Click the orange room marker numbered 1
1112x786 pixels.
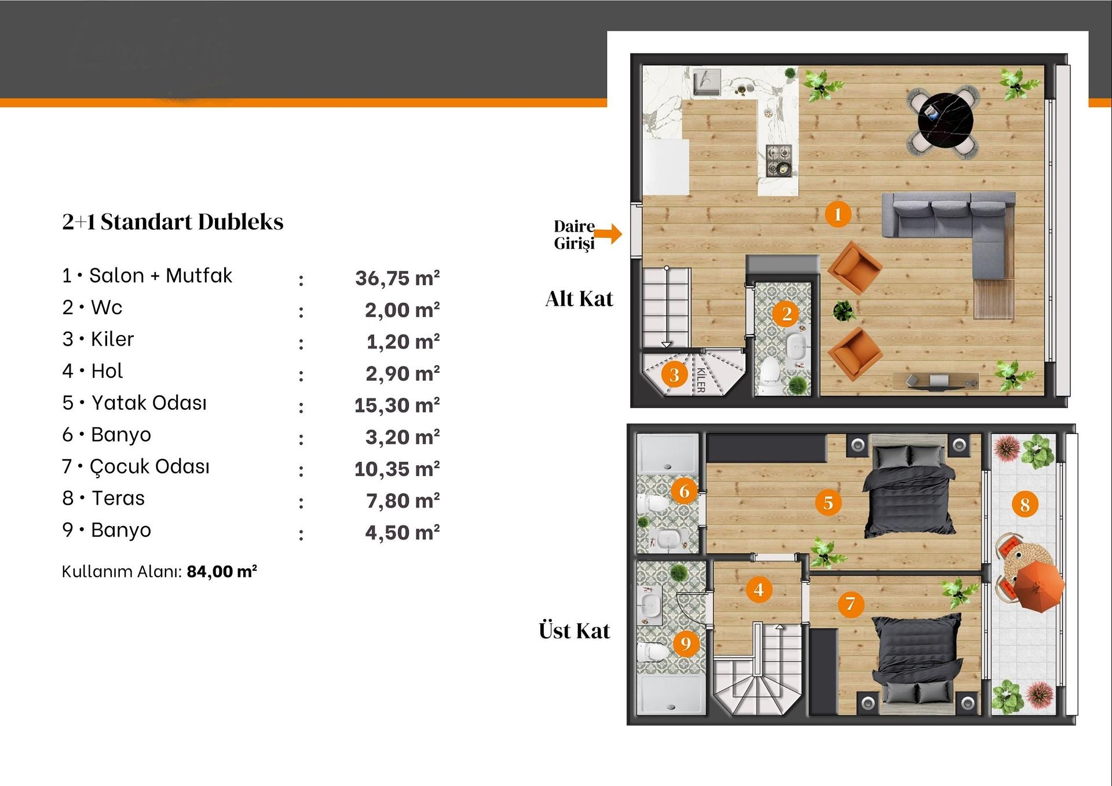coord(837,214)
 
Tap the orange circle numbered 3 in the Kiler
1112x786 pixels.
coord(674,374)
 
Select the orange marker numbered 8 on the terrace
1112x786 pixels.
coord(1025,504)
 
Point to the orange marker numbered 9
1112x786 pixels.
coord(686,643)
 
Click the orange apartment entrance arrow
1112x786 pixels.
coord(608,234)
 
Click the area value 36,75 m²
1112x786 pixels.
coord(397,278)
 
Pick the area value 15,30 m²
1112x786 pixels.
coord(397,405)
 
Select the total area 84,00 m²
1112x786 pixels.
coord(222,571)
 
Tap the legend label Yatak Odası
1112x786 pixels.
coord(149,402)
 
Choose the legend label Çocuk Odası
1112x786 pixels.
coord(149,466)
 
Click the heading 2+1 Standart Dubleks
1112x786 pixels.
coord(173,222)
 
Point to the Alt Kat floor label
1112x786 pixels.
coord(579,299)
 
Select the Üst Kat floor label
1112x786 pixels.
coord(574,630)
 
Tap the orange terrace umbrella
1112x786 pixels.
coord(1040,586)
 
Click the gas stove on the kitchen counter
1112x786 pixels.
coord(779,160)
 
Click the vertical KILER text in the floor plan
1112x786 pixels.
coord(701,380)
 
